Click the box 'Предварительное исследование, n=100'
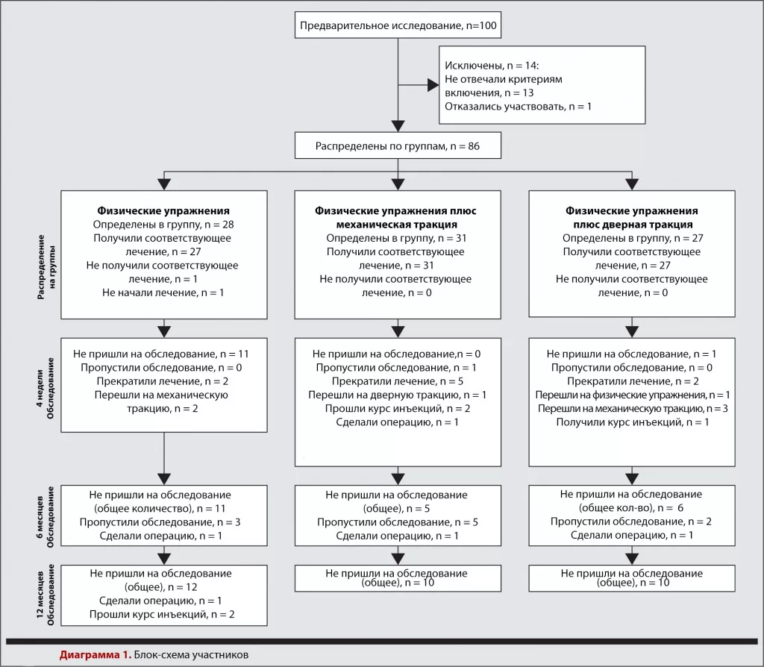(398, 25)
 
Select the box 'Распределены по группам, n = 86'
(398, 145)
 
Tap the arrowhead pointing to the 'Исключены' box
(433, 85)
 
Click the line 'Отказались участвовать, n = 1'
(518, 106)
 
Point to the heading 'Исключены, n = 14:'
(492, 66)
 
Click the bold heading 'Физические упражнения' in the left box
(163, 211)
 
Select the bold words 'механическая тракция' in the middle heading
(397, 225)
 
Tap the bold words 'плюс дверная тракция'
(633, 225)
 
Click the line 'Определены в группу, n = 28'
(163, 225)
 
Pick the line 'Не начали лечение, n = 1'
(163, 292)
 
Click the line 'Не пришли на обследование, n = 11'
(161, 354)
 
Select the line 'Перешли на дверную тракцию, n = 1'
(397, 395)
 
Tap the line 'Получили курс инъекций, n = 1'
(633, 422)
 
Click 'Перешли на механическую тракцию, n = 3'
(633, 409)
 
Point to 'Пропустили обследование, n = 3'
(160, 522)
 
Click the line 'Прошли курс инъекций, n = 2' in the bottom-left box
(162, 614)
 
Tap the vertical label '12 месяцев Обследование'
(46, 595)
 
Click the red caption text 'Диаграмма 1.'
(95, 655)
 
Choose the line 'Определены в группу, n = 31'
(396, 238)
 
